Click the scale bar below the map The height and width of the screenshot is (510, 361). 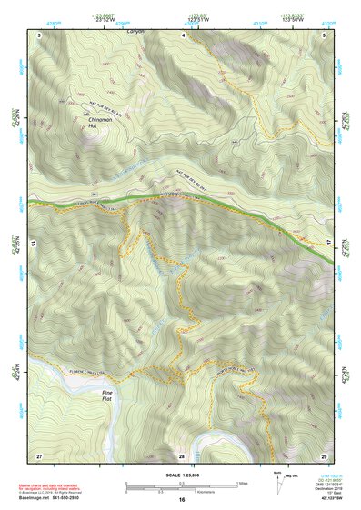[x=182, y=487]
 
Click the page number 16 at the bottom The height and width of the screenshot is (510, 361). [x=182, y=500]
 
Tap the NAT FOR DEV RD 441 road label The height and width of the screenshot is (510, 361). [x=100, y=106]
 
